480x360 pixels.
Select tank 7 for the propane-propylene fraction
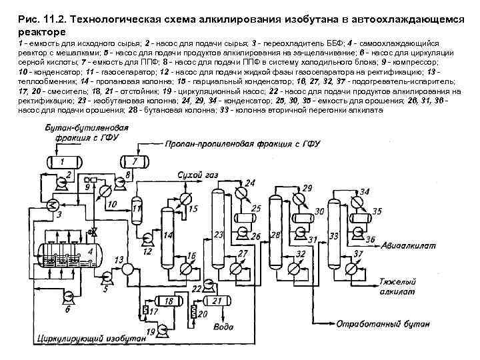pos(135,161)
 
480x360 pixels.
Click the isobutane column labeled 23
pos(218,230)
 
